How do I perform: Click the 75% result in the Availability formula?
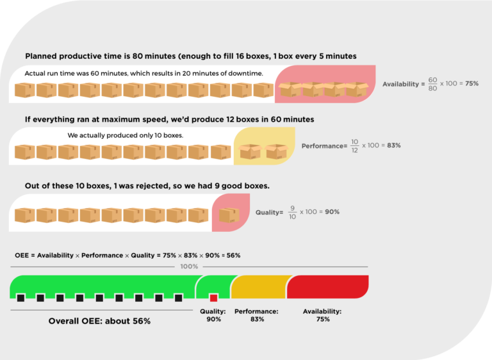tap(471, 84)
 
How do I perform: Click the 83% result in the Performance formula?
tap(393, 145)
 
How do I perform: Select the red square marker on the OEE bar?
tap(213, 297)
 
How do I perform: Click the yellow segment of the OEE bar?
tap(259, 286)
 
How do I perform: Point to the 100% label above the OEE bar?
tap(189, 266)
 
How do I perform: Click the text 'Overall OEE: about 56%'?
tap(99, 320)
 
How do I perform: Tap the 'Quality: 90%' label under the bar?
tap(213, 315)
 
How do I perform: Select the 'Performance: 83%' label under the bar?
tap(256, 315)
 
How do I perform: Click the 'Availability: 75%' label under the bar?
tap(322, 315)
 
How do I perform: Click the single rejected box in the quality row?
tap(229, 215)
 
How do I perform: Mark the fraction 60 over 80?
tap(432, 84)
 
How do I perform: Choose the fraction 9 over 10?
tap(292, 211)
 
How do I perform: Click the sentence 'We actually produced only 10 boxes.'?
tap(126, 136)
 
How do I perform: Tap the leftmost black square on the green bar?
tap(21, 297)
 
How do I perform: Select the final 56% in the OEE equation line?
tap(233, 255)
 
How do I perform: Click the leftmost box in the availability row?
tap(25, 90)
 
